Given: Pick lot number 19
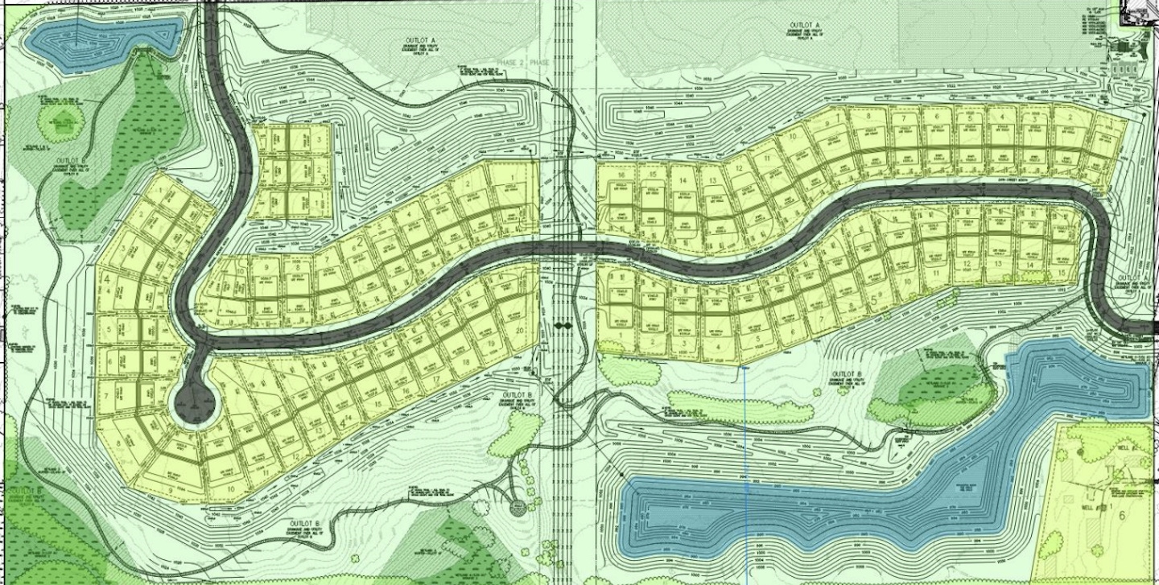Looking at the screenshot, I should click(x=490, y=342).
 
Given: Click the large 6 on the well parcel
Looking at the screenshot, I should click(x=1122, y=516).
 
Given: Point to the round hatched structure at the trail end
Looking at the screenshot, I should click(x=518, y=506).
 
